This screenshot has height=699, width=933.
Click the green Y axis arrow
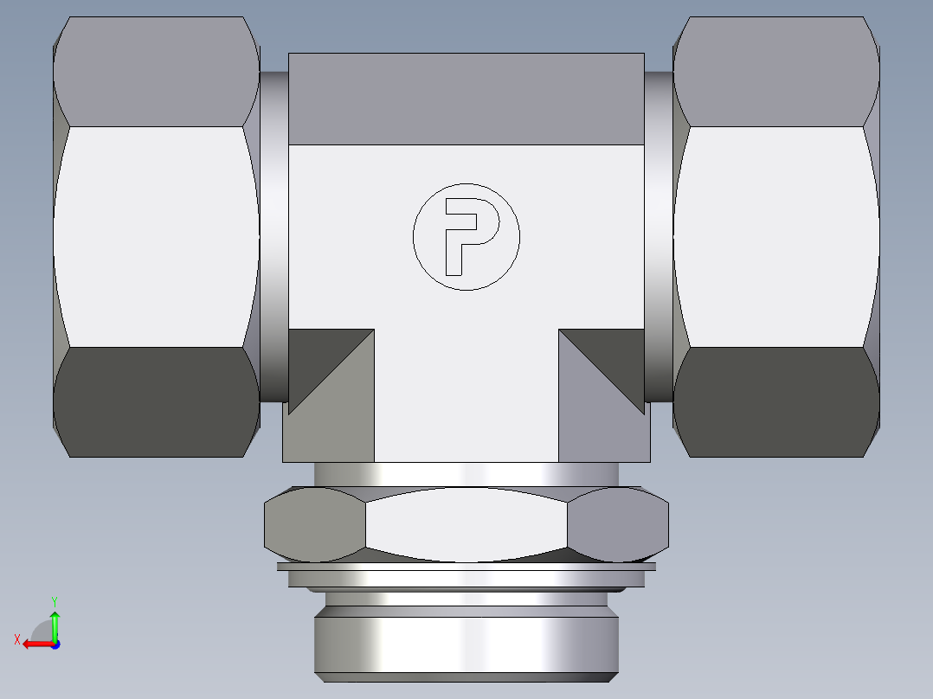coord(55,621)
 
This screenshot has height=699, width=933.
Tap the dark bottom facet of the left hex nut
coord(156,402)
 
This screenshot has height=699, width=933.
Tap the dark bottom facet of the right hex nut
coord(776,402)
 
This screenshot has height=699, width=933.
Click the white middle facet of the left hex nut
coord(156,236)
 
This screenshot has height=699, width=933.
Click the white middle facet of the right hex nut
coord(776,236)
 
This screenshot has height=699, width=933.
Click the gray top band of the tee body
coord(466,99)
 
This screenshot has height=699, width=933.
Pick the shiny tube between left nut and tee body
coord(273,236)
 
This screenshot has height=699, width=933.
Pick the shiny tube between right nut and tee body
coord(659,236)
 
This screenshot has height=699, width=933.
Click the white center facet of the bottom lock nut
coord(466,524)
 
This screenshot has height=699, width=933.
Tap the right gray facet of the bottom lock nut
coord(618,523)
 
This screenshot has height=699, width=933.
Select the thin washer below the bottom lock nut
coord(466,568)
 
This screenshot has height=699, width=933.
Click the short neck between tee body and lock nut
coord(466,474)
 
